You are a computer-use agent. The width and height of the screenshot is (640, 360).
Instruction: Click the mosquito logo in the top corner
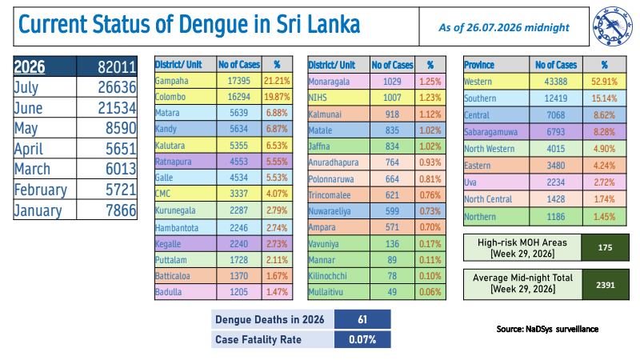613,26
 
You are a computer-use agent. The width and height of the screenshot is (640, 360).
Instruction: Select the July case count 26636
117,87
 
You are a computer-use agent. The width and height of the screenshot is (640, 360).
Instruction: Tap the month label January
38,210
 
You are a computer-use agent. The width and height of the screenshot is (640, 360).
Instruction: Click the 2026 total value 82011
117,67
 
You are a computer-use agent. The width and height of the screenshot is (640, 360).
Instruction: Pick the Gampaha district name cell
172,81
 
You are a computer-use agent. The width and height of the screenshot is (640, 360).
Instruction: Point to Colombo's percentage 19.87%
277,97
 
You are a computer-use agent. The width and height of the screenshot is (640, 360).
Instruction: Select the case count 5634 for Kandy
238,129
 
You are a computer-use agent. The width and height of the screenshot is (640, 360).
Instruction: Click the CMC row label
163,194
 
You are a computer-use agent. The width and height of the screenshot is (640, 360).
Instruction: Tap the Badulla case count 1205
238,292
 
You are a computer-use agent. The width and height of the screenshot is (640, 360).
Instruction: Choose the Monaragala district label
329,82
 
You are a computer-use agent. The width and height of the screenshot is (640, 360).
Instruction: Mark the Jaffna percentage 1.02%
430,146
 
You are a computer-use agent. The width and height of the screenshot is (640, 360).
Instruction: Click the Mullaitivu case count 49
392,292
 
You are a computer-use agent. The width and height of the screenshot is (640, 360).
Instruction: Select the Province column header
479,65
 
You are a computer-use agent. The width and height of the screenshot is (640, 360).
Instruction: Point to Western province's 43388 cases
556,82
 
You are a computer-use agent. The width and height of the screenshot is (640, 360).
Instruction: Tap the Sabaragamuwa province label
490,132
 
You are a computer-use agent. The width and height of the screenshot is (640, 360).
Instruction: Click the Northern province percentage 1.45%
604,217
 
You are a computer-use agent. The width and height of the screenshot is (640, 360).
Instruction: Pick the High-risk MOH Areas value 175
605,247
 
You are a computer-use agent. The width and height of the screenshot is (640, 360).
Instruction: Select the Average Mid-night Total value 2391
605,285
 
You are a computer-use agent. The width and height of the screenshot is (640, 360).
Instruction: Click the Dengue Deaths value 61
362,319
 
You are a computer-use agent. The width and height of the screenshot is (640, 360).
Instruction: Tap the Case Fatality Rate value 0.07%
362,339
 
